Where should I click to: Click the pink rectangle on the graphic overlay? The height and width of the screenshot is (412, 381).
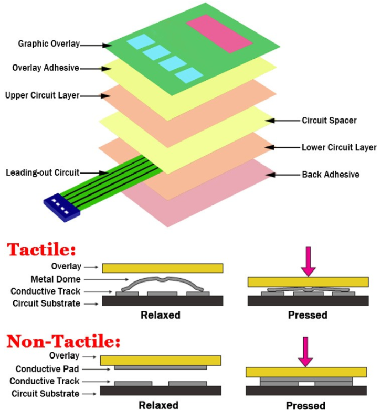click(x=215, y=32)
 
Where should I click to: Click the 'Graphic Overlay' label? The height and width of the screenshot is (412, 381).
click(x=49, y=44)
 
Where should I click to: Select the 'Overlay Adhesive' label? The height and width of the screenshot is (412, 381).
click(x=46, y=68)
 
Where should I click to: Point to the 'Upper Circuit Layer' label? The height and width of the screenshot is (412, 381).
click(x=42, y=95)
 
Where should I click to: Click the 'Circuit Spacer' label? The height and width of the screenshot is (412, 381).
click(x=329, y=121)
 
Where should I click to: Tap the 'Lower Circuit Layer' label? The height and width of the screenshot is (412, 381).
click(x=339, y=147)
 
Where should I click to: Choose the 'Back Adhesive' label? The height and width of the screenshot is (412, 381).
click(x=331, y=174)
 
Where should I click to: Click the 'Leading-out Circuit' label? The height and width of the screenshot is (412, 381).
click(x=43, y=172)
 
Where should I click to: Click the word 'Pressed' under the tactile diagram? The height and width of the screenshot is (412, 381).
click(x=307, y=316)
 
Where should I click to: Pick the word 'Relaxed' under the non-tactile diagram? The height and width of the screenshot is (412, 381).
click(x=158, y=405)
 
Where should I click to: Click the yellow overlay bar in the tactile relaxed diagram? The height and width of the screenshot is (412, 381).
click(x=162, y=268)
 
